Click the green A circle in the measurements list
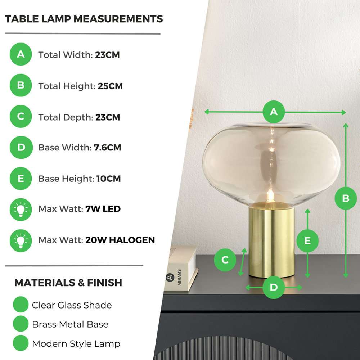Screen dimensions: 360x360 (x=21, y=54)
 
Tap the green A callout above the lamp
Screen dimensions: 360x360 (x=274, y=112)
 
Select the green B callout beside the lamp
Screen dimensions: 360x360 (x=346, y=198)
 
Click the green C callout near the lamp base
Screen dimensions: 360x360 (x=225, y=260)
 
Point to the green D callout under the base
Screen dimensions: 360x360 (x=274, y=287)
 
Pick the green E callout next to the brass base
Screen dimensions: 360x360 (x=307, y=240)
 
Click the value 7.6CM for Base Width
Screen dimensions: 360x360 (x=107, y=148)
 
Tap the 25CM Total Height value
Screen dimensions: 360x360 (x=110, y=86)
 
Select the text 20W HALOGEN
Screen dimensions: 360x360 (x=120, y=240)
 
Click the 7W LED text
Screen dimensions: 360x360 (x=103, y=209)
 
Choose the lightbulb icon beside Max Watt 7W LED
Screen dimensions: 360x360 (x=21, y=210)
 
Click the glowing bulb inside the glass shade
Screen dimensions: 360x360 (x=270, y=196)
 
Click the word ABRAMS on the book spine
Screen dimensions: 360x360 (x=179, y=277)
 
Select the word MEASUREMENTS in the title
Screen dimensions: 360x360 (x=118, y=19)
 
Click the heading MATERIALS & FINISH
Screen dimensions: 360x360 (x=68, y=283)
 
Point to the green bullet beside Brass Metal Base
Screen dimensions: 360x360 (x=21, y=324)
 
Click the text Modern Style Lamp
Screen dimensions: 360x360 (x=76, y=344)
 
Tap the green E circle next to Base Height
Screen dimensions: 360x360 (x=21, y=179)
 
